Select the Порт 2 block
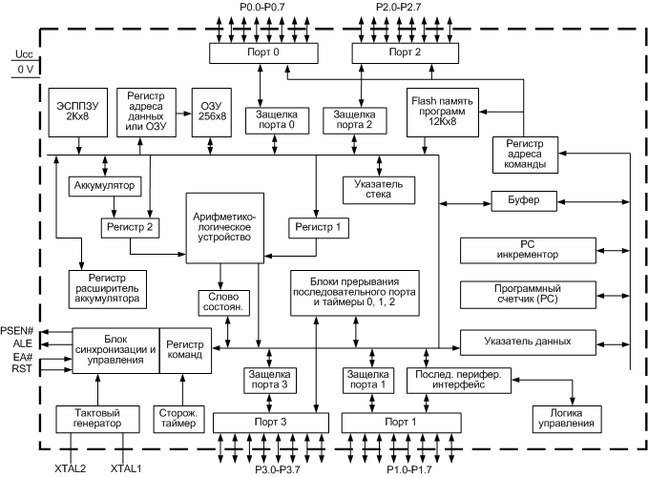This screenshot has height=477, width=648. coord(405,53)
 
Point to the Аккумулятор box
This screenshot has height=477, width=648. coord(105,184)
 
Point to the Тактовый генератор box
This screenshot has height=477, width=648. coord(98,417)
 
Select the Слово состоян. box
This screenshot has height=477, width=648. coord(222,301)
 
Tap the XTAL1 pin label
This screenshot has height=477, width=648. coord(126,468)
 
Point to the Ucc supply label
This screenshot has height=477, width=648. coord(24,53)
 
